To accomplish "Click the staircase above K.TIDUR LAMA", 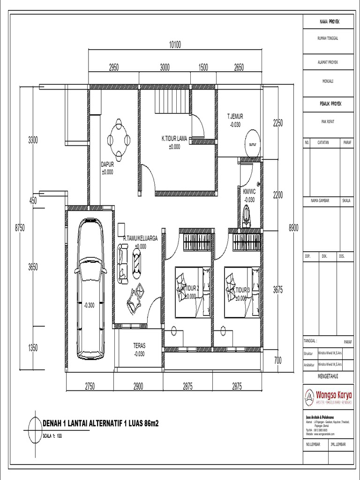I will [172, 101].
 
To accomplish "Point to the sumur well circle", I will [253, 144].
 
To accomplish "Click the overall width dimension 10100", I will [175, 45].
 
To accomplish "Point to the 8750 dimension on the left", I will [20, 227].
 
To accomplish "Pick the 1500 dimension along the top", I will [202, 67].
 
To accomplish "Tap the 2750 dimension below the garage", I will [90, 387].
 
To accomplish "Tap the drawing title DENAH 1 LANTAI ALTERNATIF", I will [100, 424].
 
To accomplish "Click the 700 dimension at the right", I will [278, 360].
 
